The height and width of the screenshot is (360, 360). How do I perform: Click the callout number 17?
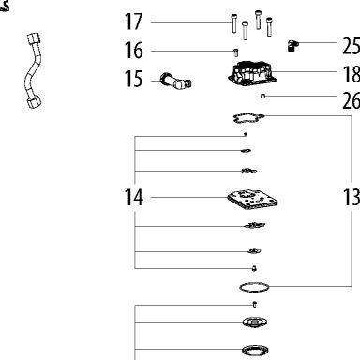133,22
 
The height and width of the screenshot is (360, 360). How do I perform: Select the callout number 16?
133,51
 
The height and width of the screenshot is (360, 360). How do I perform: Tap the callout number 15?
133,79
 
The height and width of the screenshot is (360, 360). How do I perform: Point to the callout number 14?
134,198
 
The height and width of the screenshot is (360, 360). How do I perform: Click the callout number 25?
352,46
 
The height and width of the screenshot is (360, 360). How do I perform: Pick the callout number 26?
352,101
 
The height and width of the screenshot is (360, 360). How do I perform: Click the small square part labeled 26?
262,97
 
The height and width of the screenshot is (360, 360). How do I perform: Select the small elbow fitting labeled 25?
292,46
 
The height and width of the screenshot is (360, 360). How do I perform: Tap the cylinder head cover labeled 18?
252,73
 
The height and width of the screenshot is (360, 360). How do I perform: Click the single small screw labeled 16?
236,52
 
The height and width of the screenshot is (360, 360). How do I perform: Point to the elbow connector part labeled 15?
175,81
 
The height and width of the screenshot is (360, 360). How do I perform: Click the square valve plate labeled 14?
252,201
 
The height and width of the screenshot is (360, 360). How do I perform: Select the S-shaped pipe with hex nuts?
34,70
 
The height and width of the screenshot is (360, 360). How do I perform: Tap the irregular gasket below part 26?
248,118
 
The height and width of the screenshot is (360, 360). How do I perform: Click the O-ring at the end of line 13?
254,287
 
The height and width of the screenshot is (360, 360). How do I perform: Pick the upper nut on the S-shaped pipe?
34,39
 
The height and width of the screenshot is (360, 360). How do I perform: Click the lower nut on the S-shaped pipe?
34,102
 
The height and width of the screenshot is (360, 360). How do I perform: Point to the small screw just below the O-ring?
255,304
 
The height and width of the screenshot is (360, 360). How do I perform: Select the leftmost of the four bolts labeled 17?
234,23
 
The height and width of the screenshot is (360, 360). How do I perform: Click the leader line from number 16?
192,51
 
